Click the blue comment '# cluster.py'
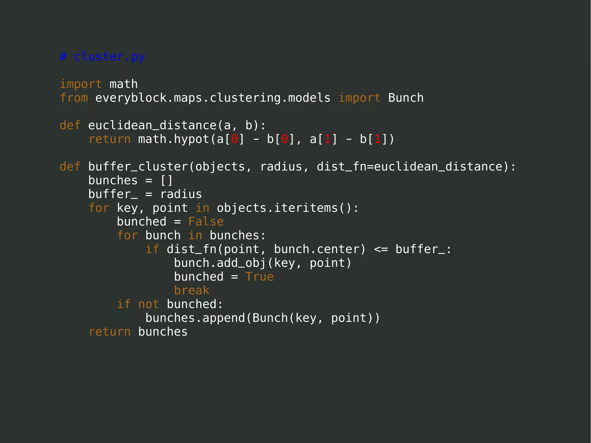tap(102, 57)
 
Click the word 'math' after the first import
tap(124, 84)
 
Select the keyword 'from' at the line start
tap(74, 98)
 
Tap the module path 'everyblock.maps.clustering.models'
tap(213, 98)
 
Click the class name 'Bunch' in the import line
tap(406, 98)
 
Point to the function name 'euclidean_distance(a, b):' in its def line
tap(177, 126)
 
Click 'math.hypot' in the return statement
tap(173, 139)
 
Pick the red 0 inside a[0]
tap(234, 139)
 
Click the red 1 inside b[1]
tap(377, 139)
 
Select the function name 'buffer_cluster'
tap(138, 167)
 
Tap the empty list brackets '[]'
tap(167, 181)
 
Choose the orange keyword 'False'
tap(206, 222)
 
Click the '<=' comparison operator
tap(381, 249)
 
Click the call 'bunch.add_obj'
tap(220, 263)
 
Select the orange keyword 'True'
tap(259, 277)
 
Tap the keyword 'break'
tap(191, 291)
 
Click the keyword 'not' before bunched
tap(149, 304)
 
